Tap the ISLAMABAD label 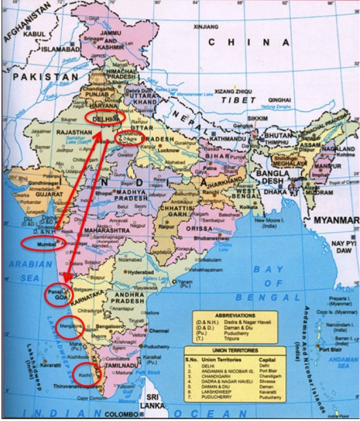pos(60,50)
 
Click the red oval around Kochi pos(86,375)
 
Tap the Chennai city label pos(159,331)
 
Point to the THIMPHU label pos(275,143)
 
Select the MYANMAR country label pos(335,220)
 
